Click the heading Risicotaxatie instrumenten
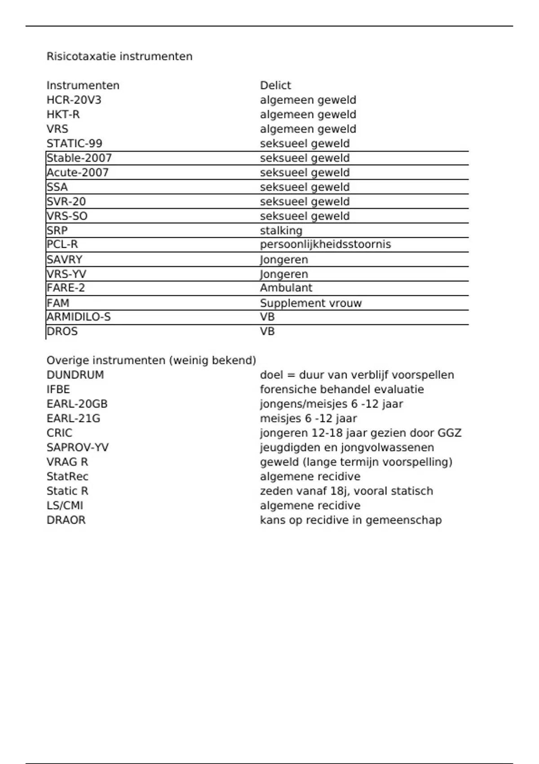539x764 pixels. click(x=119, y=57)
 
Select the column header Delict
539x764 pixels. click(x=275, y=85)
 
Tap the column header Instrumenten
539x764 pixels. click(x=83, y=85)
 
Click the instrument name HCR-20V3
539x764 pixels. click(x=74, y=100)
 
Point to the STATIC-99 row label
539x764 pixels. click(x=75, y=143)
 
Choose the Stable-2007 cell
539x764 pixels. click(x=80, y=158)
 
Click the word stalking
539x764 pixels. click(x=281, y=231)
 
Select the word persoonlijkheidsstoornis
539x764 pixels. click(x=326, y=244)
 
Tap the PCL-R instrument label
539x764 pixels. click(x=62, y=244)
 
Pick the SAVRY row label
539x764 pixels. click(x=65, y=260)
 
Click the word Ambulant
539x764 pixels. click(x=286, y=288)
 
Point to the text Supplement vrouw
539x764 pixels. click(x=311, y=303)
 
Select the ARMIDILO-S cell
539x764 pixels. click(x=79, y=317)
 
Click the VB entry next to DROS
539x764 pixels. click(x=267, y=332)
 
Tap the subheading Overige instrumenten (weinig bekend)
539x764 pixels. click(x=151, y=360)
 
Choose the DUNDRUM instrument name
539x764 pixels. click(x=75, y=375)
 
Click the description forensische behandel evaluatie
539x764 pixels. click(x=342, y=389)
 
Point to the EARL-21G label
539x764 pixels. click(x=74, y=418)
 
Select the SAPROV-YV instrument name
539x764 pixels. click(x=78, y=448)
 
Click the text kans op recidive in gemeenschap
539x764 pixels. click(x=351, y=520)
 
